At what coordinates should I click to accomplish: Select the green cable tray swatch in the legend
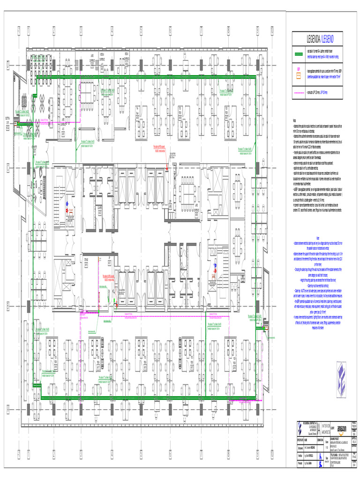(x=298, y=54)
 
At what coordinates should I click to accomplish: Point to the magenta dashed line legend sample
(x=298, y=93)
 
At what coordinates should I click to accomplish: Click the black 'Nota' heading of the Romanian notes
(x=294, y=120)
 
